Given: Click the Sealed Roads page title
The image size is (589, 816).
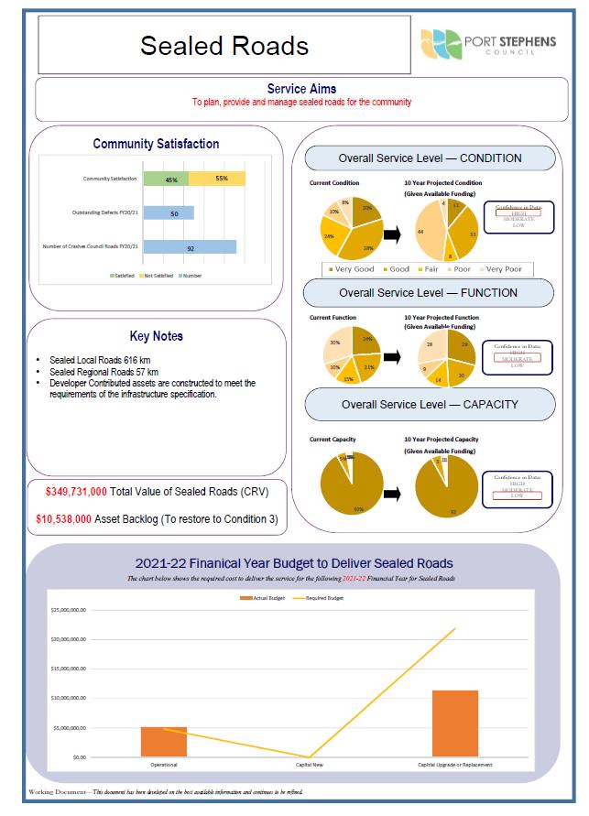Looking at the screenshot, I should (224, 46).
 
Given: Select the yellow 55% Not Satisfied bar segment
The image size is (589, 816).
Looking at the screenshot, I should (217, 179).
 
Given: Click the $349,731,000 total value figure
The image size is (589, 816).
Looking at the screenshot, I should (76, 493).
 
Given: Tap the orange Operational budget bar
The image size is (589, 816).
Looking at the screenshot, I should (164, 742).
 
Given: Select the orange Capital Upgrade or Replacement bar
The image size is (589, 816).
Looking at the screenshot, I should (455, 724).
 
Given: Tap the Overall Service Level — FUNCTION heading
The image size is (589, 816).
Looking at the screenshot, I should (428, 293).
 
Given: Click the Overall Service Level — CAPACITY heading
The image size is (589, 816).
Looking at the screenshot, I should (430, 404).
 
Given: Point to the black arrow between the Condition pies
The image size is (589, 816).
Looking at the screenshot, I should (391, 234).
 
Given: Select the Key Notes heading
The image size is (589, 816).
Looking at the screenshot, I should (157, 336).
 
